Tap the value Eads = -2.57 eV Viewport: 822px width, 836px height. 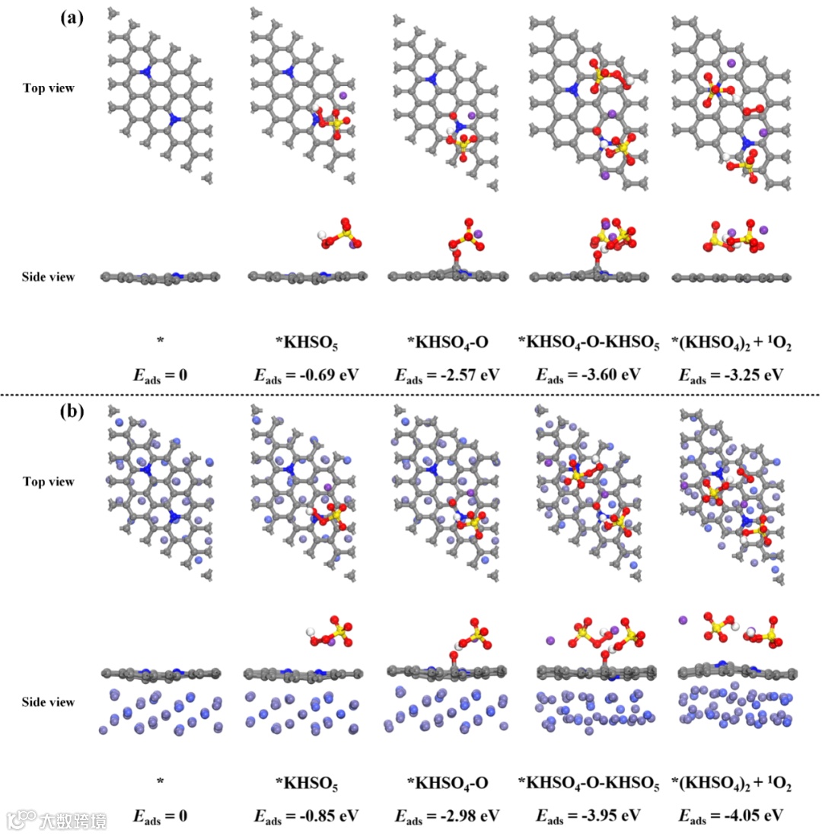(x=447, y=375)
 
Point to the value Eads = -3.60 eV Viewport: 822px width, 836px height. (x=588, y=375)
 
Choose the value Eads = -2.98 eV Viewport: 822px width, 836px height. (x=447, y=816)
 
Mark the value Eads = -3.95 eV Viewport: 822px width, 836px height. (x=588, y=816)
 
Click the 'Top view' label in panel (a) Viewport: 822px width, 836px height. (x=49, y=88)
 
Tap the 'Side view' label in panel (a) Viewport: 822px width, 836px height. (x=49, y=277)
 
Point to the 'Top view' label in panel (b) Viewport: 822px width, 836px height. (x=49, y=482)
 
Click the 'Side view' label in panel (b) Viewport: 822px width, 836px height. (x=49, y=701)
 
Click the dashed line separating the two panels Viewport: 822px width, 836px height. (x=411, y=394)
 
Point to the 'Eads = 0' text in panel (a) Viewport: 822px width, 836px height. (x=160, y=375)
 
